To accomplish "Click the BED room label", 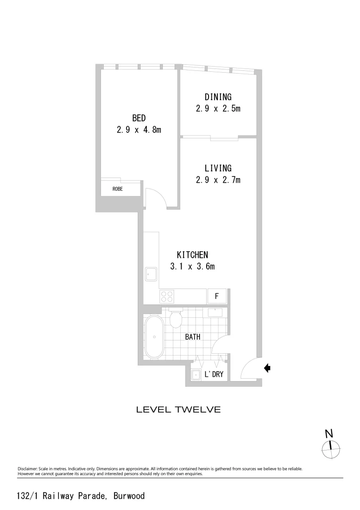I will tap(139, 118).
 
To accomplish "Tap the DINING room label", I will tap(218, 97).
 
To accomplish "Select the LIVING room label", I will tap(218, 168).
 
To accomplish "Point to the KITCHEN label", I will tap(193, 255).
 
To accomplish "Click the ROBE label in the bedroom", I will tap(118, 189).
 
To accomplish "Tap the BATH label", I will tap(193, 337).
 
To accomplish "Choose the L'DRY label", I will tap(214, 375).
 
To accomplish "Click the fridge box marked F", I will tap(217, 297).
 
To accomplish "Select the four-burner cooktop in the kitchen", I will tap(167, 296).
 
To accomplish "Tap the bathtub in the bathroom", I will tap(154, 337).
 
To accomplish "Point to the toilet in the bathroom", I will tap(176, 319).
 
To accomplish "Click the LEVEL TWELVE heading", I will tap(178, 409).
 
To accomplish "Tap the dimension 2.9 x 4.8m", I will tap(139, 129).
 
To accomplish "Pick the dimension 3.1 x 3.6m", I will tap(193, 266).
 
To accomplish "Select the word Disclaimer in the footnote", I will tap(27, 469).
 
